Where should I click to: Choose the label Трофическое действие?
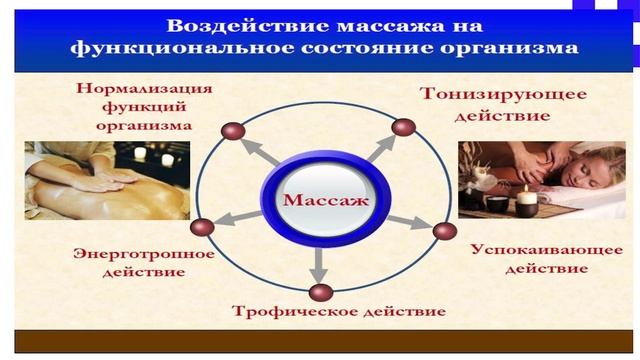[x=339, y=311]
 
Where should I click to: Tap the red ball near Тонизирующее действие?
[x=403, y=127]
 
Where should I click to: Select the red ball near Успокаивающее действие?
[x=446, y=230]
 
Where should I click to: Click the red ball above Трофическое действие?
[x=319, y=292]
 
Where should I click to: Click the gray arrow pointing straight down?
[x=319, y=262]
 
